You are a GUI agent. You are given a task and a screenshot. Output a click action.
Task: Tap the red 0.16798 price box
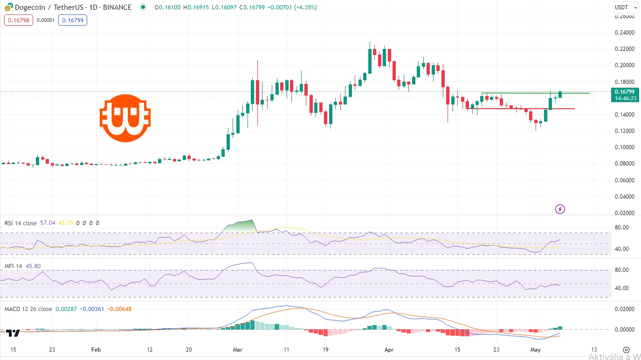(x=19, y=20)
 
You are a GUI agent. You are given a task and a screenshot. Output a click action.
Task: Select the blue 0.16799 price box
(x=72, y=20)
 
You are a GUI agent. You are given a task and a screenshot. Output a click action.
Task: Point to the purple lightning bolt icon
(x=560, y=209)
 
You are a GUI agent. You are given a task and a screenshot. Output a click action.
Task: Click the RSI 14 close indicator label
(x=21, y=223)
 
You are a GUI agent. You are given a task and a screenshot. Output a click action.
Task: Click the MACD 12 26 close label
(x=28, y=309)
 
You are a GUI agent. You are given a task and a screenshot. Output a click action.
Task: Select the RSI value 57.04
(x=48, y=223)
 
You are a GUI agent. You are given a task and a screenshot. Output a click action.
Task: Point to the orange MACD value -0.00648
(x=119, y=309)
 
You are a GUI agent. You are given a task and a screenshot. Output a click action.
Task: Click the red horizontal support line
(x=527, y=109)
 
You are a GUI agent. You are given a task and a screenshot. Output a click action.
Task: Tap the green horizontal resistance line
(x=536, y=93)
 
